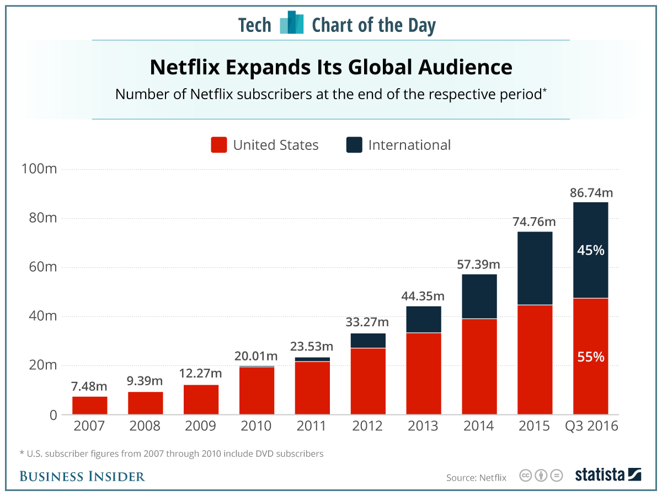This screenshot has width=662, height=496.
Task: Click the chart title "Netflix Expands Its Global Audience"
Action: coord(331,67)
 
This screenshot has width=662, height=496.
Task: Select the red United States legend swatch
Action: coord(219,145)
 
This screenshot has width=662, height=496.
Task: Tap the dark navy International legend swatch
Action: coord(354,145)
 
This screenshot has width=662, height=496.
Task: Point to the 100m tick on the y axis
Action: coord(39,169)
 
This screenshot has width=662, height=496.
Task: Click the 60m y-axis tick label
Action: coord(41,267)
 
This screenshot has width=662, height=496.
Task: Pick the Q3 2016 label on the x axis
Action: coord(591,426)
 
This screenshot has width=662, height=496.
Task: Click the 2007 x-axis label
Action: coord(89,426)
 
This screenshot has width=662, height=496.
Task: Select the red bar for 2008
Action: coord(146,403)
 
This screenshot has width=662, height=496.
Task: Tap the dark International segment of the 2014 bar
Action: coord(479,296)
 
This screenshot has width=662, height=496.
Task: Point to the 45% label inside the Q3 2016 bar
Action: coord(591,250)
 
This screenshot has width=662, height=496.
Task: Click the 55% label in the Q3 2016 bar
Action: coord(591,357)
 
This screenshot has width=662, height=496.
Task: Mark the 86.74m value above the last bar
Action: coord(591,193)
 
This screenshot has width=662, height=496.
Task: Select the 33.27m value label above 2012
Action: coord(368,321)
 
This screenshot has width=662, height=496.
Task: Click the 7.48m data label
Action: coord(89,386)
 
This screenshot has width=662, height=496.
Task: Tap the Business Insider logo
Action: coord(82,476)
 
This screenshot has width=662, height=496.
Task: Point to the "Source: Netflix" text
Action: coord(476,477)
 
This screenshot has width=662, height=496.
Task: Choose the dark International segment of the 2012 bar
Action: coord(368,341)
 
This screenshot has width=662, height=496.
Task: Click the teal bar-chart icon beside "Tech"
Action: coord(292,23)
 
